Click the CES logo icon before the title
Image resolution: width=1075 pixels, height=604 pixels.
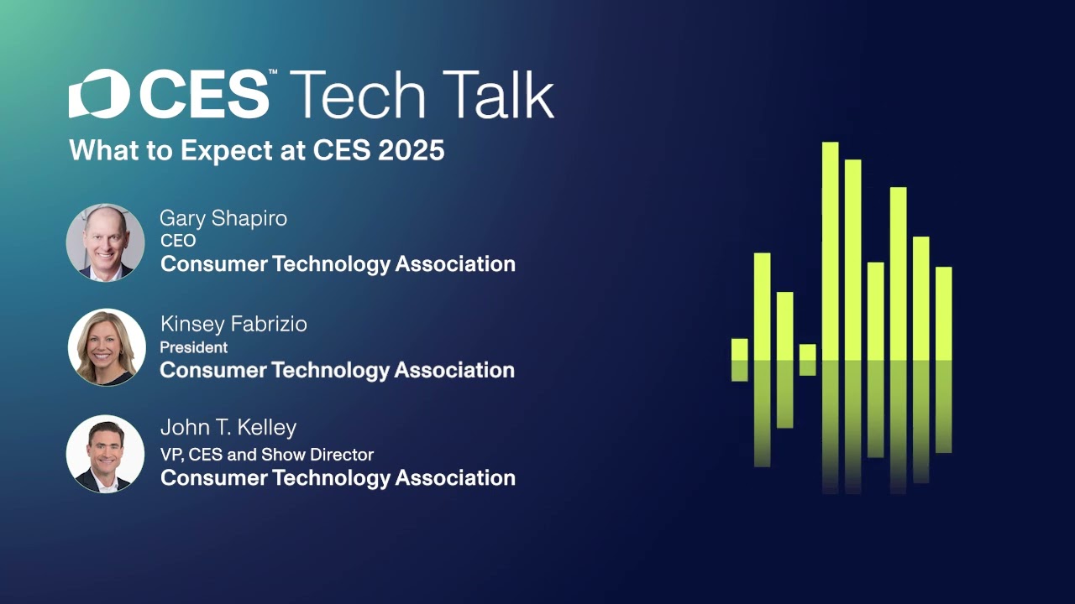tap(98, 94)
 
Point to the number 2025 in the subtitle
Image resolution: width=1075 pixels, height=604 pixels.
tap(412, 150)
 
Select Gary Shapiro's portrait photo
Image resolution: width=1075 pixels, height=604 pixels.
tap(106, 242)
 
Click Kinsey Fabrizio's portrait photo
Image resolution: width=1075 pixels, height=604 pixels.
tap(107, 347)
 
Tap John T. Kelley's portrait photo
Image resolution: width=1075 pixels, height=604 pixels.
tap(106, 454)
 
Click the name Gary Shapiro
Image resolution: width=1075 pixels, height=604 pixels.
tap(223, 218)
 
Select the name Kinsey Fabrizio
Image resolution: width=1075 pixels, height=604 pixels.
tap(233, 325)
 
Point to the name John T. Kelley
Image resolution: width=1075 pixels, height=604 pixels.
tap(228, 428)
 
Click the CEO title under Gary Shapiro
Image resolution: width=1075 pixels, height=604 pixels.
tap(178, 241)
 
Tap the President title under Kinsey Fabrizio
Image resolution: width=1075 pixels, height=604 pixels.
tap(194, 347)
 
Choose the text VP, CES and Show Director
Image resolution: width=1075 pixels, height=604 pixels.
tap(267, 455)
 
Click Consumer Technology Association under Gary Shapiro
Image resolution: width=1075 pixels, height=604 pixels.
tap(338, 264)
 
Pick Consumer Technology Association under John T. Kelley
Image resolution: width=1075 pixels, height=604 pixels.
tap(338, 478)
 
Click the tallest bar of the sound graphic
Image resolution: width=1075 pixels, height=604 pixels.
tap(830, 252)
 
